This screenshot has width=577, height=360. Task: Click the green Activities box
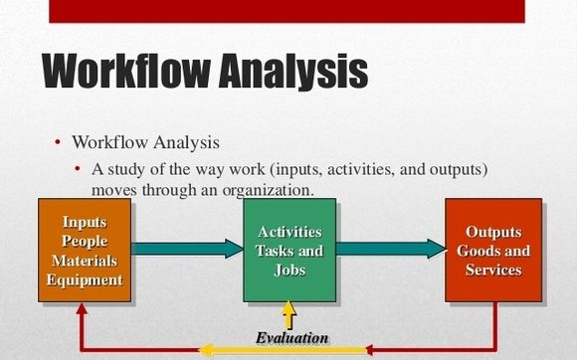288,250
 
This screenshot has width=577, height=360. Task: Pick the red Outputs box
492,250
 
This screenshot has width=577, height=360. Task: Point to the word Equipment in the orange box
85,279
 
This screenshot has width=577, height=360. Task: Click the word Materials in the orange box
85,260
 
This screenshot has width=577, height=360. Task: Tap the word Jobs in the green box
289,270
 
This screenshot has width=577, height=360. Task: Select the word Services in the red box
493,270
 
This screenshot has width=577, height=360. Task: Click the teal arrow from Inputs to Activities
187,249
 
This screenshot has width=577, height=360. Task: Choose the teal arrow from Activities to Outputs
391,249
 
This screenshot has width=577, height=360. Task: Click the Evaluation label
290,337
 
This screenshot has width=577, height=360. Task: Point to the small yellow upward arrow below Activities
289,314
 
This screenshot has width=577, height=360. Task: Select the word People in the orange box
85,240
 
